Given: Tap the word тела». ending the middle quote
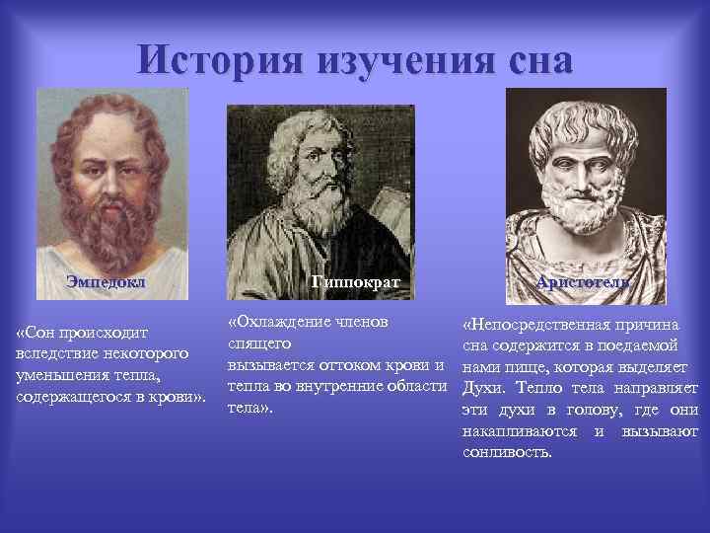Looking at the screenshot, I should tap(249, 406).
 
